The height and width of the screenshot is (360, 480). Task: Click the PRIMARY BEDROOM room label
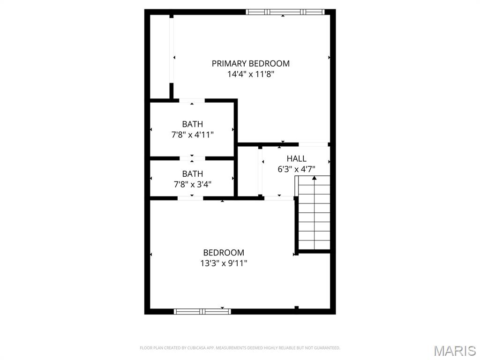(x=250, y=63)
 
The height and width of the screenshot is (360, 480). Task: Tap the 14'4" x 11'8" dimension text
(x=250, y=74)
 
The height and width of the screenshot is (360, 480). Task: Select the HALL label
(x=296, y=158)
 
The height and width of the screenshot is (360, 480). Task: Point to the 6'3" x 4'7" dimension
(x=296, y=169)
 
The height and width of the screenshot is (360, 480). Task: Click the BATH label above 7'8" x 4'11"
(x=192, y=124)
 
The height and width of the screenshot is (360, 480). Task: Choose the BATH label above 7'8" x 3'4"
(x=192, y=174)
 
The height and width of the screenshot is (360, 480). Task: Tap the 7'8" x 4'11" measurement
(x=192, y=135)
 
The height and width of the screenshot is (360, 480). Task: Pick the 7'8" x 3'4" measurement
(x=192, y=184)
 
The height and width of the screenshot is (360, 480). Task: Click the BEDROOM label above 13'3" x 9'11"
(x=224, y=253)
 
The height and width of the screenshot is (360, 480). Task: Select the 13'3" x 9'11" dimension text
(x=224, y=263)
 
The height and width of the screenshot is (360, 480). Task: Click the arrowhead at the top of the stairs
(x=314, y=178)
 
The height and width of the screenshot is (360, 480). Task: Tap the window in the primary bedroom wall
(x=285, y=12)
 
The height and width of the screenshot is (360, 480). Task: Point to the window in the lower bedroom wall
(x=202, y=311)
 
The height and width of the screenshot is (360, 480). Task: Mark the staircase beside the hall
(x=314, y=213)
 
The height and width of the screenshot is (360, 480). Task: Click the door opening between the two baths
(x=192, y=158)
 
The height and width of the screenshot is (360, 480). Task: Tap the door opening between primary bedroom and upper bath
(x=192, y=100)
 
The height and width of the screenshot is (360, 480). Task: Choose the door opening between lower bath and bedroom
(x=190, y=198)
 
